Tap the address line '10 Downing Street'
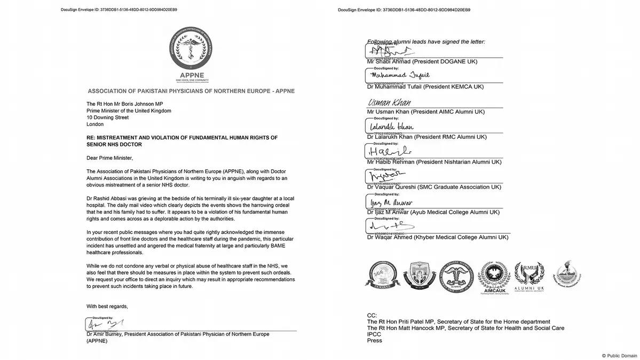pyautogui.click(x=107, y=118)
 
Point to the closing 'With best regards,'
pyautogui.click(x=107, y=306)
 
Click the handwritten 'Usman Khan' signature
pyautogui.click(x=388, y=103)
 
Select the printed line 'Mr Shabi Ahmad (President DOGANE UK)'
pyautogui.click(x=423, y=61)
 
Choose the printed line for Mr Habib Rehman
pyautogui.click(x=434, y=161)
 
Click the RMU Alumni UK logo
pyautogui.click(x=529, y=277)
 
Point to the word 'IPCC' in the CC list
pyautogui.click(x=374, y=334)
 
